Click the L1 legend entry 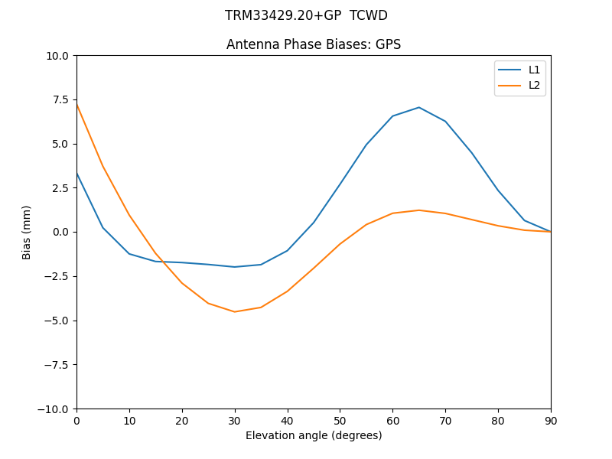click(534, 70)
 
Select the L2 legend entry click(534, 85)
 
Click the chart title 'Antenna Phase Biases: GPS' click(314, 44)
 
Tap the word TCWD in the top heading click(369, 15)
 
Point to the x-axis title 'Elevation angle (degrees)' click(314, 436)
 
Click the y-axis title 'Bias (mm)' click(27, 232)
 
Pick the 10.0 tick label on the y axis click(58, 55)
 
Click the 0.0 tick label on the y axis click(61, 232)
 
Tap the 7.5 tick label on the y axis click(61, 99)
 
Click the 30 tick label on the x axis click(235, 421)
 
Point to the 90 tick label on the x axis click(551, 421)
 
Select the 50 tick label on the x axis click(340, 421)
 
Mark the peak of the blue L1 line click(419, 107)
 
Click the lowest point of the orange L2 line click(235, 311)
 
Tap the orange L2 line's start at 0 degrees click(76, 104)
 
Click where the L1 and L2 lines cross click(161, 262)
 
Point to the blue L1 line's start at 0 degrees click(76, 173)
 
